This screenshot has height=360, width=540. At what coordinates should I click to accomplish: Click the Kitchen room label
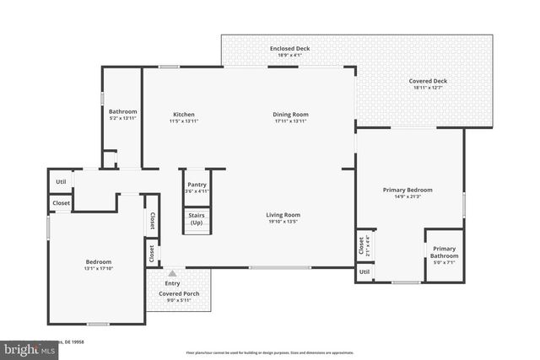click(183, 115)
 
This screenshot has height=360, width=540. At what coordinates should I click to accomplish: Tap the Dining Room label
click(290, 115)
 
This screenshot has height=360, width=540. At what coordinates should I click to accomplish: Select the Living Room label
click(283, 215)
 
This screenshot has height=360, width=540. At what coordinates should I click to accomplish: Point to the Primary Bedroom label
click(408, 191)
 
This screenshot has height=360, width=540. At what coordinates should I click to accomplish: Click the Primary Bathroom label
click(444, 252)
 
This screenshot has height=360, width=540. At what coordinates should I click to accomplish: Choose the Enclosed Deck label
click(289, 49)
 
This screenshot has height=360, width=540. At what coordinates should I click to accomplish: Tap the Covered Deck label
click(428, 82)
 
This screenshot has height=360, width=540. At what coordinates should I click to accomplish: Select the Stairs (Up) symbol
click(196, 219)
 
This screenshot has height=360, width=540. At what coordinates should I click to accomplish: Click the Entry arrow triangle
click(172, 273)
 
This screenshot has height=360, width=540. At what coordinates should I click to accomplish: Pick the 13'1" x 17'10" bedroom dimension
click(99, 269)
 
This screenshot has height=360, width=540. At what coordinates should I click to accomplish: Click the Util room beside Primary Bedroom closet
click(364, 272)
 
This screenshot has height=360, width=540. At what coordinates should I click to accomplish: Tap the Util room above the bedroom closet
click(61, 181)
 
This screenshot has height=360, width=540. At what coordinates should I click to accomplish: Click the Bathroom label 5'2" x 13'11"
click(122, 117)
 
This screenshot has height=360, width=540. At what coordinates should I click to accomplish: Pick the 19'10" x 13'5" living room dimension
click(283, 223)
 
